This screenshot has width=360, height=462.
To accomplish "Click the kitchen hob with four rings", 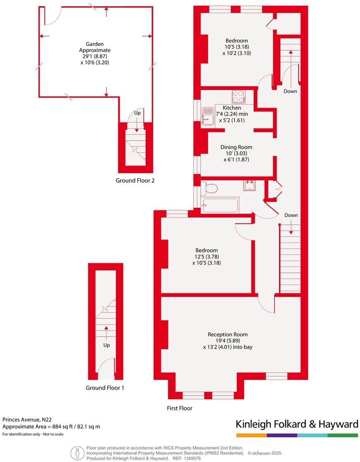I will pos(239,97).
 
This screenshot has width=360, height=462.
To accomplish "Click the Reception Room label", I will pos(228,335).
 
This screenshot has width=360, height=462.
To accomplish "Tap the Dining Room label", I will pos(236,147).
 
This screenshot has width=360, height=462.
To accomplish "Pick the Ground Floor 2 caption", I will pos(135,180).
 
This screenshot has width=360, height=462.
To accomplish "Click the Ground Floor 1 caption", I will pos(105,388).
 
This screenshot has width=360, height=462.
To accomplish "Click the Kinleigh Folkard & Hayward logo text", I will pos(296,424).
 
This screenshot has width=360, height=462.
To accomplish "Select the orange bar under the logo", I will pos(251,435).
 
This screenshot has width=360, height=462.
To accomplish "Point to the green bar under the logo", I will pos(343,435).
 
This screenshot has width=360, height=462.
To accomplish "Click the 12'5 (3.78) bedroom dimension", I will pos(207,257).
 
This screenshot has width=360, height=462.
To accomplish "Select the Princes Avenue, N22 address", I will pos(27,420).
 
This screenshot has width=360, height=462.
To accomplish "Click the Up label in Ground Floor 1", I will pos(107,345).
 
